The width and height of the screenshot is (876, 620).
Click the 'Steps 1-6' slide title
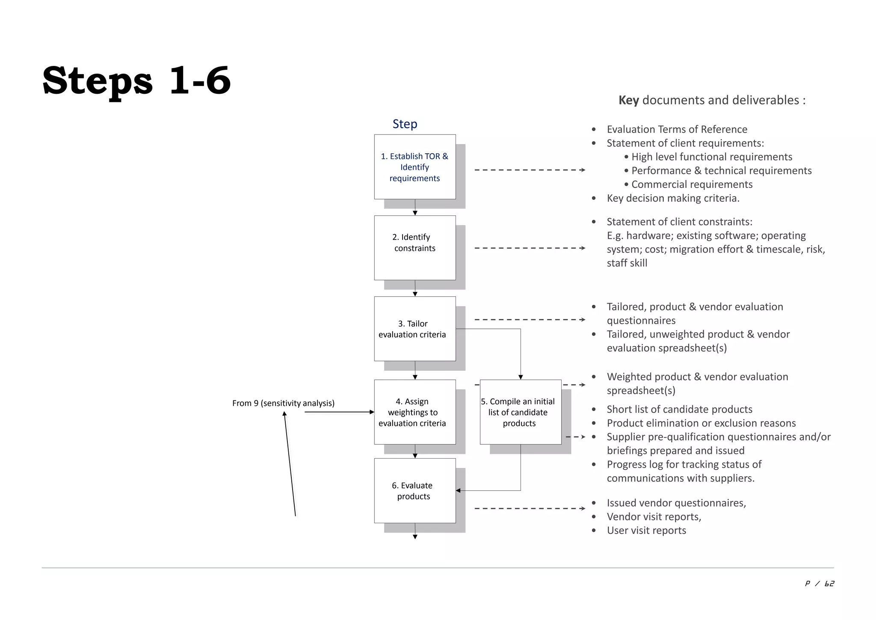click(136, 80)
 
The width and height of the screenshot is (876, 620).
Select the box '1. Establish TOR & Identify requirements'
click(414, 167)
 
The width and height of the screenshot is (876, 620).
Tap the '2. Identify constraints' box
click(414, 247)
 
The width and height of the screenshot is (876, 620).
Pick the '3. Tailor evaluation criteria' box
click(414, 329)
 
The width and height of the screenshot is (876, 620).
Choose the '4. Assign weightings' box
click(414, 412)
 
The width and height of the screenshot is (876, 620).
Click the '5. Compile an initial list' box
click(520, 412)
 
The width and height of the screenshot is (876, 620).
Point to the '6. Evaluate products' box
click(414, 491)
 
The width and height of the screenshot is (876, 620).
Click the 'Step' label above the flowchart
click(405, 124)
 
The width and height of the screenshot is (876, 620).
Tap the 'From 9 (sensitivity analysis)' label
click(283, 403)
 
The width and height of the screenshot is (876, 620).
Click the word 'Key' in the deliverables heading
click(628, 100)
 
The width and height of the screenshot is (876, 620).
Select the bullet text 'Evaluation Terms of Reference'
click(677, 129)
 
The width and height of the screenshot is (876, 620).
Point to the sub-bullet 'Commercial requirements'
click(692, 184)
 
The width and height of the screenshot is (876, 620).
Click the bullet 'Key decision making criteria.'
click(673, 198)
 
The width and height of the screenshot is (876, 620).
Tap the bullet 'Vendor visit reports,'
click(654, 517)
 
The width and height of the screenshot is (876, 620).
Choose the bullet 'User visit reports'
click(646, 531)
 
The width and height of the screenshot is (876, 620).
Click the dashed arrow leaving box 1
click(530, 170)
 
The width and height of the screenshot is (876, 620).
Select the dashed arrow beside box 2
click(530, 248)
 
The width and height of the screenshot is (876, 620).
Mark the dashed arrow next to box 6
click(530, 509)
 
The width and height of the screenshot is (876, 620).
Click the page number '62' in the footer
click(829, 584)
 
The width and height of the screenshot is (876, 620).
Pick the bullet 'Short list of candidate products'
click(679, 409)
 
